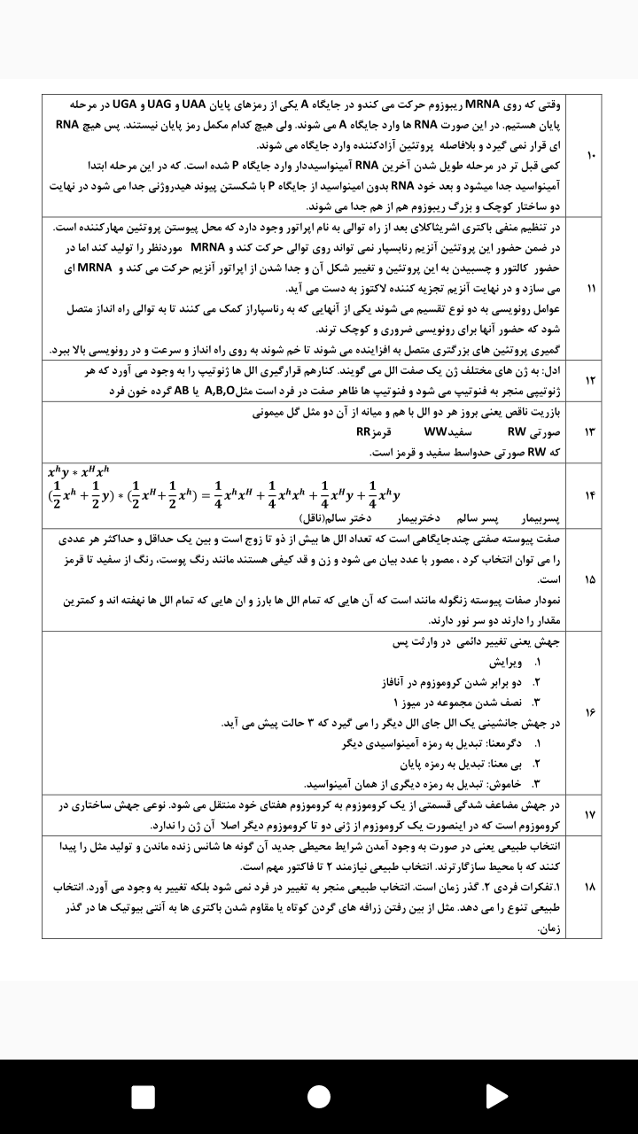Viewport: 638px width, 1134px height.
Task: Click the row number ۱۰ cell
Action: click(x=590, y=155)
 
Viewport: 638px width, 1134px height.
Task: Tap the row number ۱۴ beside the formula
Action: click(x=590, y=494)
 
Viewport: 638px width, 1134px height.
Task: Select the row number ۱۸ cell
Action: click(x=590, y=887)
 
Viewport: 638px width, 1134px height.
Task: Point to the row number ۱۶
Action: click(x=590, y=711)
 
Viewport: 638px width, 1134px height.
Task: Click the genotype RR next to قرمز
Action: click(x=363, y=432)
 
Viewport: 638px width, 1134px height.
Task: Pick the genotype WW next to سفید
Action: click(x=436, y=432)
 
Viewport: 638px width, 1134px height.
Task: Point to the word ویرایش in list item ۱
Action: click(x=505, y=663)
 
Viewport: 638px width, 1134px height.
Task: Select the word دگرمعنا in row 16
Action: click(x=505, y=743)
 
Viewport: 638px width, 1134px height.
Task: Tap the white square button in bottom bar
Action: click(x=143, y=1097)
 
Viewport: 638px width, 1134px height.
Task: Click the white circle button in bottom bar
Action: click(x=319, y=1097)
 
